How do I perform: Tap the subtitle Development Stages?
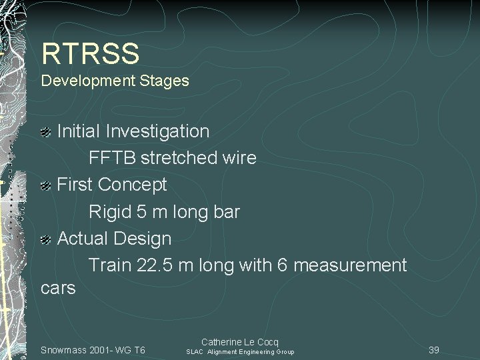tap(115, 81)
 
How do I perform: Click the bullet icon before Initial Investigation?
tap(47, 132)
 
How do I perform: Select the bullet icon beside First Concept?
tap(47, 185)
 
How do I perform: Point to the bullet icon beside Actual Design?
tap(47, 239)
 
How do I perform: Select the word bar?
tap(225, 212)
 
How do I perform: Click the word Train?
tap(110, 265)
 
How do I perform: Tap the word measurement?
tap(349, 265)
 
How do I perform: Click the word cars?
tap(58, 289)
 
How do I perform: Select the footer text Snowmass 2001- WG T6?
tap(93, 350)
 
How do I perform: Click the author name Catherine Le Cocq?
tap(240, 341)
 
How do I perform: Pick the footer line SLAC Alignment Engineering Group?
tap(240, 351)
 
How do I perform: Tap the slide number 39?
tap(434, 350)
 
